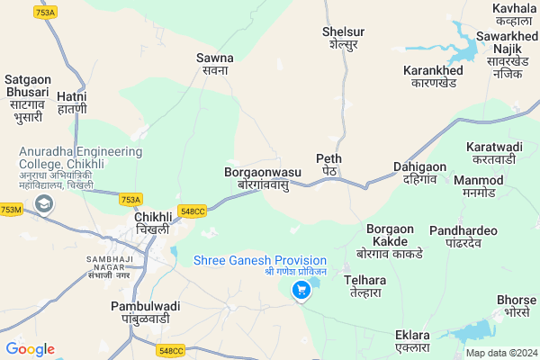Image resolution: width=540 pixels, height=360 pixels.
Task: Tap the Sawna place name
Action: click(215, 64)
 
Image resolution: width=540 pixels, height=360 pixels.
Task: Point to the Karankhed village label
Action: click(433, 76)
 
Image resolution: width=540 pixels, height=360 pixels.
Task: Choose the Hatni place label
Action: click(72, 102)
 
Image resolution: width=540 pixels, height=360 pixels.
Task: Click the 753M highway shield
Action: click(11, 210)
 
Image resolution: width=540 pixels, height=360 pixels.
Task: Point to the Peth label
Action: click(328, 164)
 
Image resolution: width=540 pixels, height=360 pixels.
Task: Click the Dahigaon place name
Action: click(419, 172)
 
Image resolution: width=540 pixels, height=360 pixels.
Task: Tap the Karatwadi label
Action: click(494, 152)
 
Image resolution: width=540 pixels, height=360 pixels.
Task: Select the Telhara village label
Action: click(364, 285)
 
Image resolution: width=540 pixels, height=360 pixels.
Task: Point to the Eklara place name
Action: click(412, 341)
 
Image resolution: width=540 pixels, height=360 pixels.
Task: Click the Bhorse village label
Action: click(517, 305)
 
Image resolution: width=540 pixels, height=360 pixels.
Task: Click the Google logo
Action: click(30, 348)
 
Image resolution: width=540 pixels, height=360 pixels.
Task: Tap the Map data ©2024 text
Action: click(500, 353)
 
